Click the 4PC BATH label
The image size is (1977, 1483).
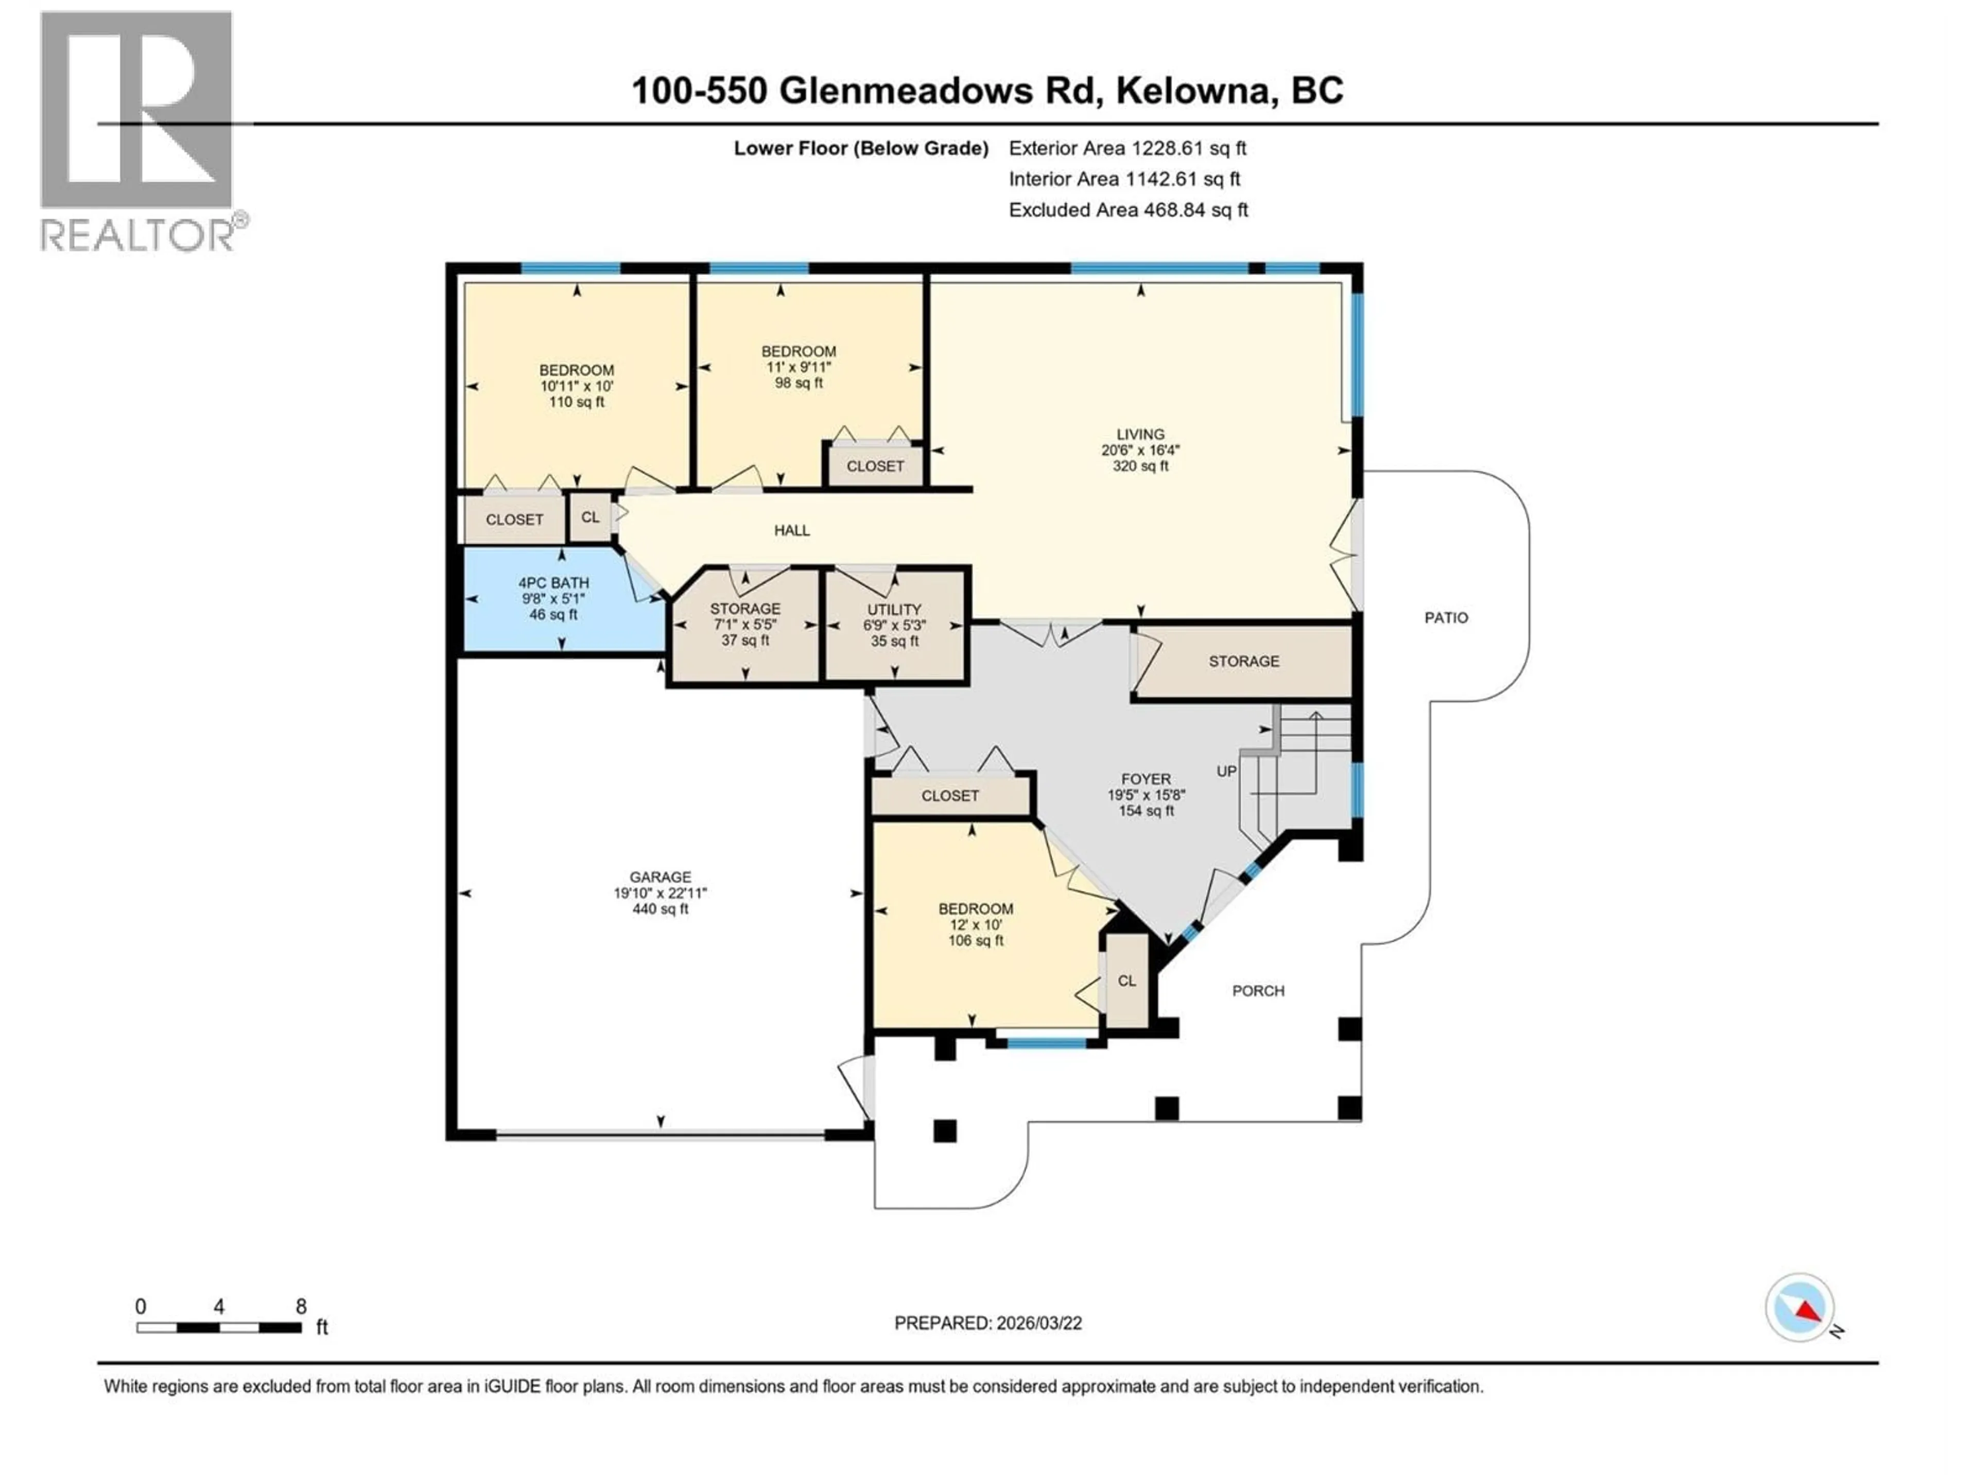pyautogui.click(x=553, y=598)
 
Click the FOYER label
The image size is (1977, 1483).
pyautogui.click(x=1146, y=795)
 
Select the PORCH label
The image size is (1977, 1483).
pyautogui.click(x=1258, y=990)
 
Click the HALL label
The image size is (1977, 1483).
pyautogui.click(x=792, y=530)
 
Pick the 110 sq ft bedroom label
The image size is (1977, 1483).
pyautogui.click(x=577, y=385)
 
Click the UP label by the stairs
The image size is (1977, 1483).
pyautogui.click(x=1226, y=770)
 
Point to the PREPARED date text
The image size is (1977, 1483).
pyautogui.click(x=987, y=1323)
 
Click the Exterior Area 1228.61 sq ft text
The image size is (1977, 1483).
pyautogui.click(x=1127, y=148)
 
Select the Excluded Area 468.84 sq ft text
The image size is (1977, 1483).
pyautogui.click(x=1128, y=210)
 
